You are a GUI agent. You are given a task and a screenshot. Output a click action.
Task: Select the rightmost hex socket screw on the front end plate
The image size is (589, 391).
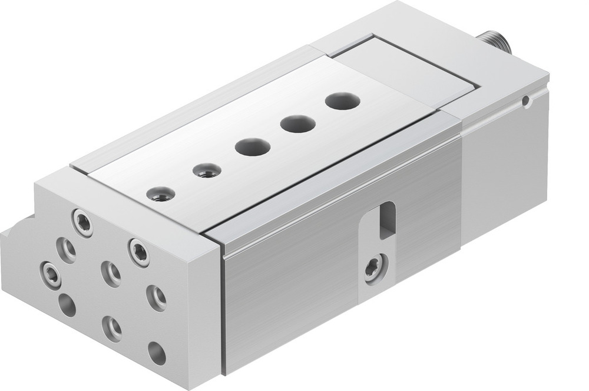[140, 252]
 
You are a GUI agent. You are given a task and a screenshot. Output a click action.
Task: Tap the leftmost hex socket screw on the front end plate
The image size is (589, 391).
[51, 275]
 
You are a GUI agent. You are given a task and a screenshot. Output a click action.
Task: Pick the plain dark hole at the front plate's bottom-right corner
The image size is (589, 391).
[157, 352]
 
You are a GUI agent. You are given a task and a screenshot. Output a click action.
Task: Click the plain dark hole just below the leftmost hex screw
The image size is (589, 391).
[67, 305]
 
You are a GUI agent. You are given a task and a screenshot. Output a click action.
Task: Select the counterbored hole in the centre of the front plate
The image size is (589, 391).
[111, 273]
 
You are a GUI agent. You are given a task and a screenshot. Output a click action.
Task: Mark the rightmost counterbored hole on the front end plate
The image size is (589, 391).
[156, 298]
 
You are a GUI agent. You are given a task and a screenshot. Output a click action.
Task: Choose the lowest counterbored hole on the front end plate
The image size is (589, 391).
[112, 327]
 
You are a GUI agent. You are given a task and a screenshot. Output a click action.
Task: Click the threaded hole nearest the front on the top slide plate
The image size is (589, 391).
[160, 194]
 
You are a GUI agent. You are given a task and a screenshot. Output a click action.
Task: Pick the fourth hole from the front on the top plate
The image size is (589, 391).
[298, 123]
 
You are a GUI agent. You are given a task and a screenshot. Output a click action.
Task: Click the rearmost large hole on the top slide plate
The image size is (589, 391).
[342, 101]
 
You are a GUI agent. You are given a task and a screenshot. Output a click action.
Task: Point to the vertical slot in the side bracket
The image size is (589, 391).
[387, 220]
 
